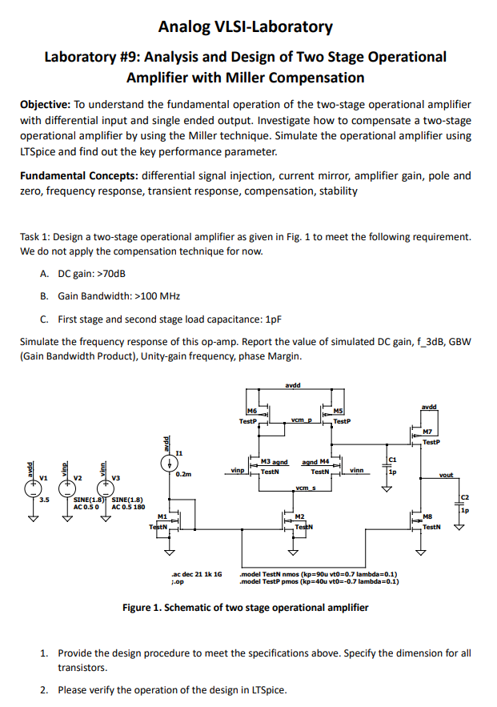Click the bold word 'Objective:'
coord(46,106)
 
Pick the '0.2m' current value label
coord(183,475)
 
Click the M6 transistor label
coord(252,412)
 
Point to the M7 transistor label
coord(429,432)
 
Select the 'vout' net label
coord(447,476)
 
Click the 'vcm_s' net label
coord(303,488)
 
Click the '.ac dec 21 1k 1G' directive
coord(196,574)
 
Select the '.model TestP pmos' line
coord(320,582)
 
